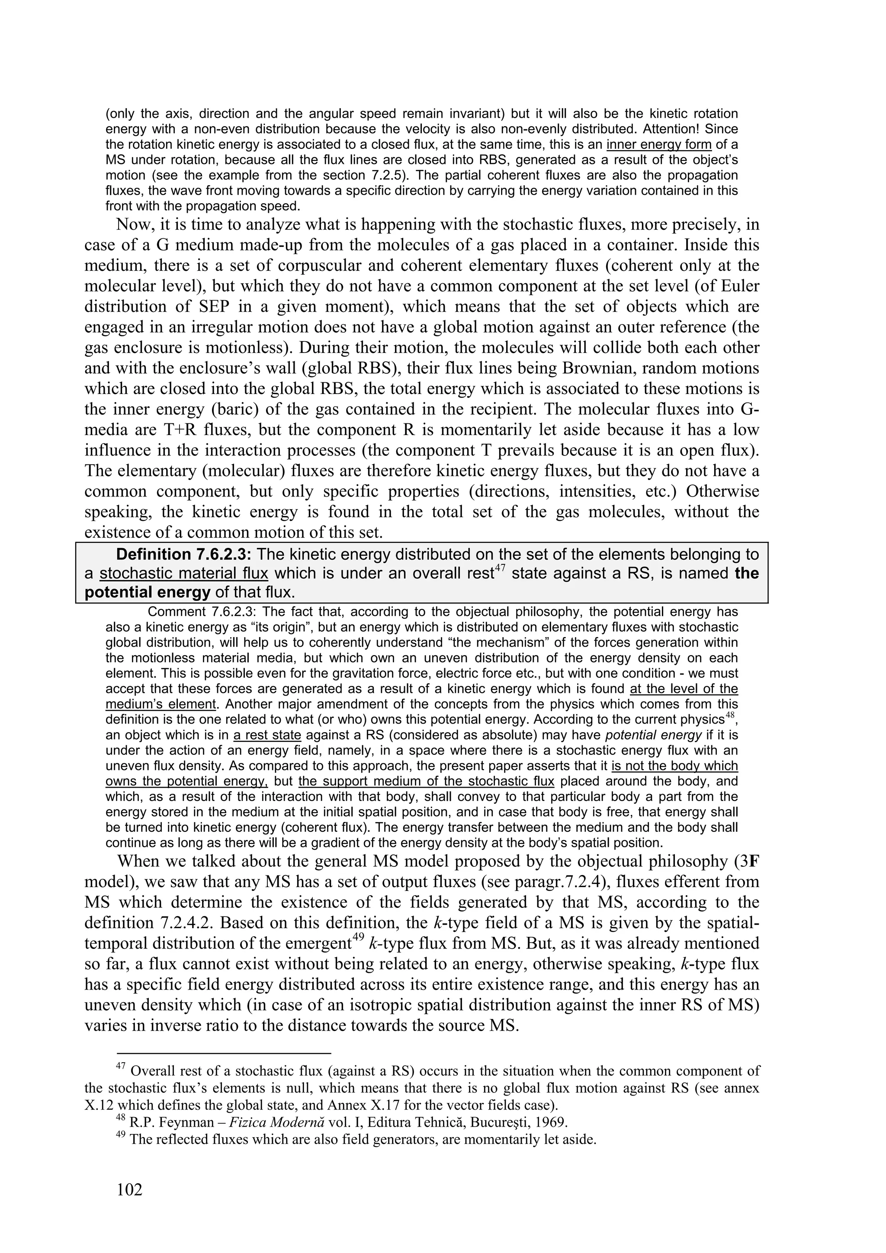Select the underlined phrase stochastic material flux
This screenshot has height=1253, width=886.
click(184, 574)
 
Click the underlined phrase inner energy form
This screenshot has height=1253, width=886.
click(659, 144)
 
